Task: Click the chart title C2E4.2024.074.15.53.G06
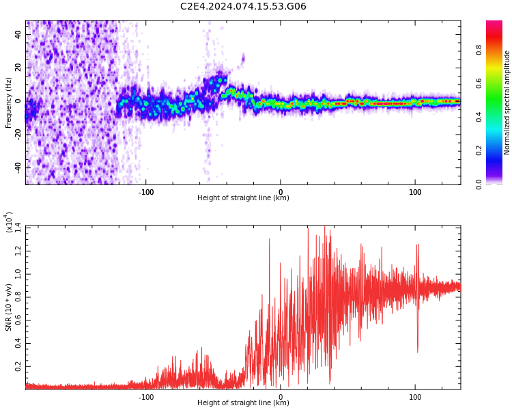(x=243, y=7)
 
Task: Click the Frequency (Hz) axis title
(x=9, y=102)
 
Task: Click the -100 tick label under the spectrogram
(x=145, y=191)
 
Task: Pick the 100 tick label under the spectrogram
(x=415, y=191)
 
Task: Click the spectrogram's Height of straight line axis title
(x=243, y=198)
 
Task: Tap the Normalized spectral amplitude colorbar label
(x=507, y=102)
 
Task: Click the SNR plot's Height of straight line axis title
(x=243, y=403)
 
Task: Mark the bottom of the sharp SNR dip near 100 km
(x=417, y=351)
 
